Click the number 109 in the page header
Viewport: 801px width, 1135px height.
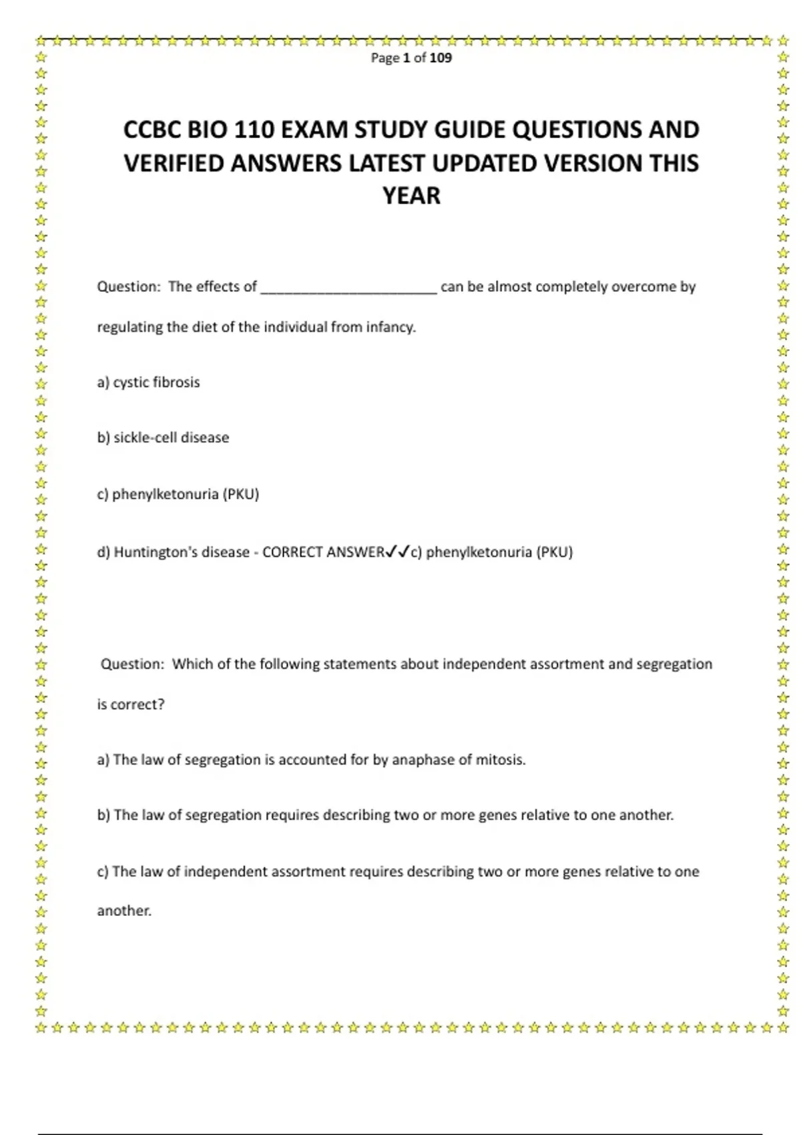pos(441,58)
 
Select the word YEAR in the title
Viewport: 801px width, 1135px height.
pos(411,196)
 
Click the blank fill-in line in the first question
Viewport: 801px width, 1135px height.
pos(348,288)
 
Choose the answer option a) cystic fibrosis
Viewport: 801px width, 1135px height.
pos(148,383)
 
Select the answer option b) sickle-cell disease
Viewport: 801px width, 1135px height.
pos(163,438)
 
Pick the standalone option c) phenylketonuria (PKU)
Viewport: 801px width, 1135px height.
pos(178,495)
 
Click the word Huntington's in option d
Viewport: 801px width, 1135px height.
pos(148,552)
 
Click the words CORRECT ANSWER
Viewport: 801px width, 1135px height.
pos(323,552)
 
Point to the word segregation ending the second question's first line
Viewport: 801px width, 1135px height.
pos(674,664)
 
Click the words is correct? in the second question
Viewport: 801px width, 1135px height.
pos(130,704)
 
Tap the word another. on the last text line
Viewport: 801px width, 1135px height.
pos(124,911)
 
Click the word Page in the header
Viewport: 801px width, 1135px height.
pos(384,58)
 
